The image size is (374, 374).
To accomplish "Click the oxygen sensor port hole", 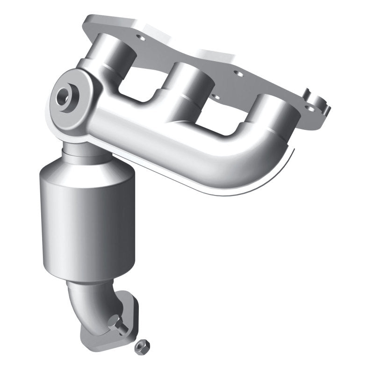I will click(62, 98).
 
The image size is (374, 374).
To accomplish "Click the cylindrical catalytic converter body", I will click(89, 224).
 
